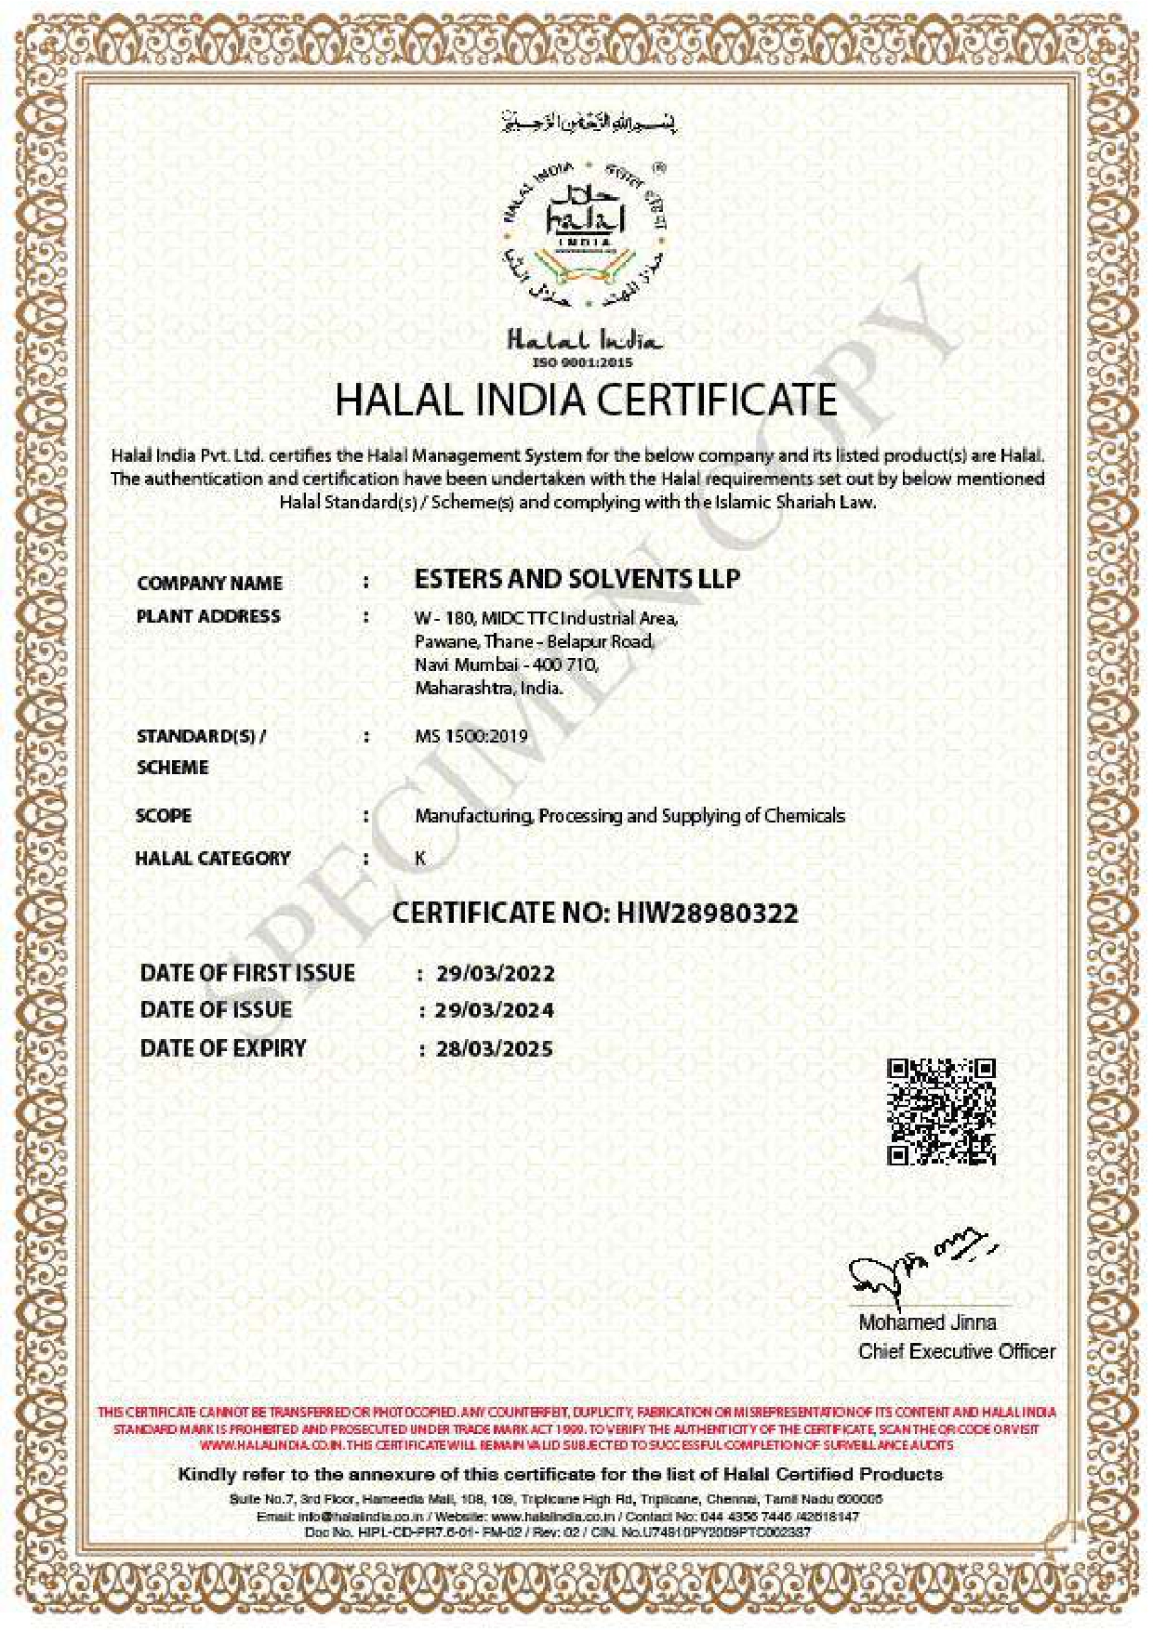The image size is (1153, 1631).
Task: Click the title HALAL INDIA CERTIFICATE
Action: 586,400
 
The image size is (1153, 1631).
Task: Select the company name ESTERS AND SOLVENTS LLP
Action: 576,579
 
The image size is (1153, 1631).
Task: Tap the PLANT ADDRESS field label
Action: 208,616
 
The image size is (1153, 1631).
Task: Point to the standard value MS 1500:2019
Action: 470,736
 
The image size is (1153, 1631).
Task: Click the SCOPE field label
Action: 164,815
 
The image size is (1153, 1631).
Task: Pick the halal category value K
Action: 420,858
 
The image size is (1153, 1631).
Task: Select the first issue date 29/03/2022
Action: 495,974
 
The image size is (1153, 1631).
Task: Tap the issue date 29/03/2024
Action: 495,1010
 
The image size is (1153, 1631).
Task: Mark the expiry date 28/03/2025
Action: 495,1049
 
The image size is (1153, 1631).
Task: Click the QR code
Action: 941,1111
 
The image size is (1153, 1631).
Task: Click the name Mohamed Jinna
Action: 927,1322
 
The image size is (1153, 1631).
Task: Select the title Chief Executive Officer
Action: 957,1351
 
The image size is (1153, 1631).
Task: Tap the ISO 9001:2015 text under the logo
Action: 582,362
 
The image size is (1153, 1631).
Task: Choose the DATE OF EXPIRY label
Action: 223,1048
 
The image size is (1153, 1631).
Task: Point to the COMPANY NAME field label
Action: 209,583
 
